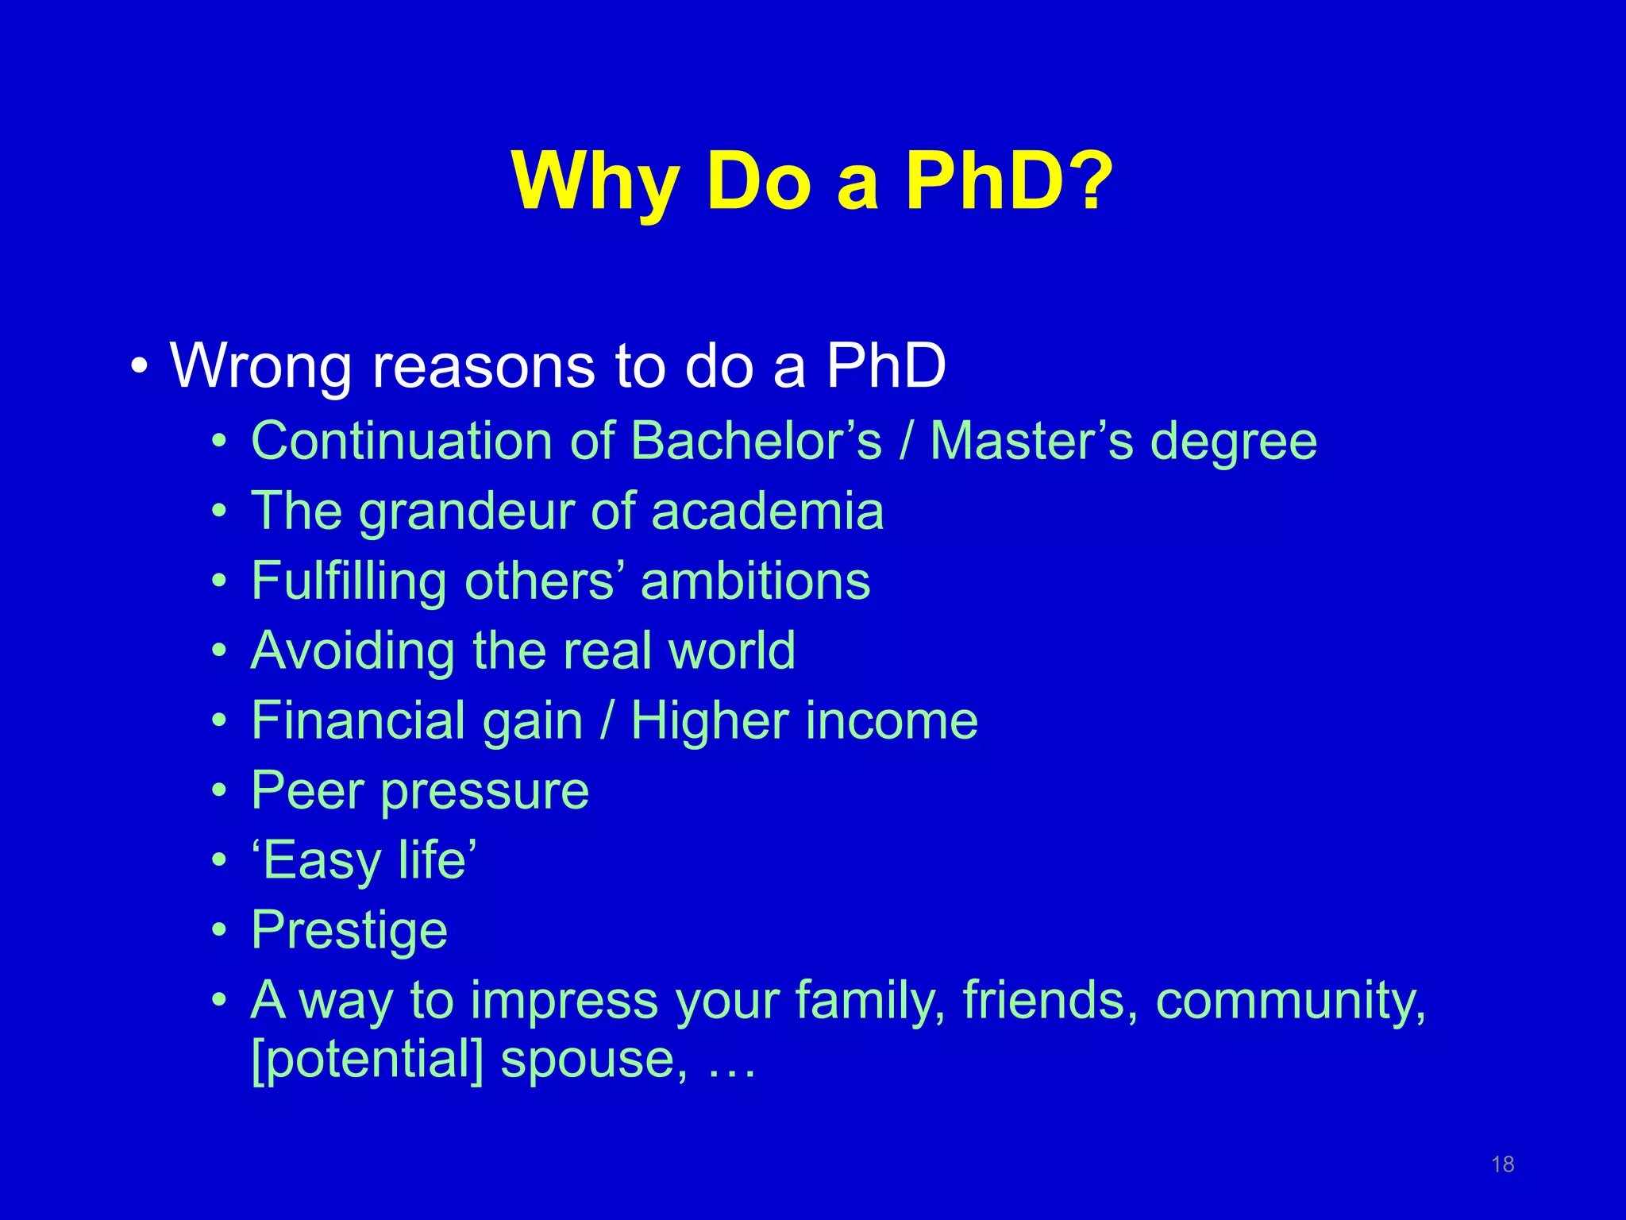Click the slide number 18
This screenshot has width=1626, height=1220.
click(1502, 1164)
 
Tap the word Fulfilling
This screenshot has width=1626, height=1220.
click(349, 581)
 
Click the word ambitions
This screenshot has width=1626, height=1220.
click(755, 581)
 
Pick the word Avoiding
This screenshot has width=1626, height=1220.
click(353, 651)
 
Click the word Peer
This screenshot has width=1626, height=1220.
click(306, 791)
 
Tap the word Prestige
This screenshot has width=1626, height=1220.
click(349, 931)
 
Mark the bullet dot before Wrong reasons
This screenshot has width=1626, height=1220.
click(140, 367)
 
